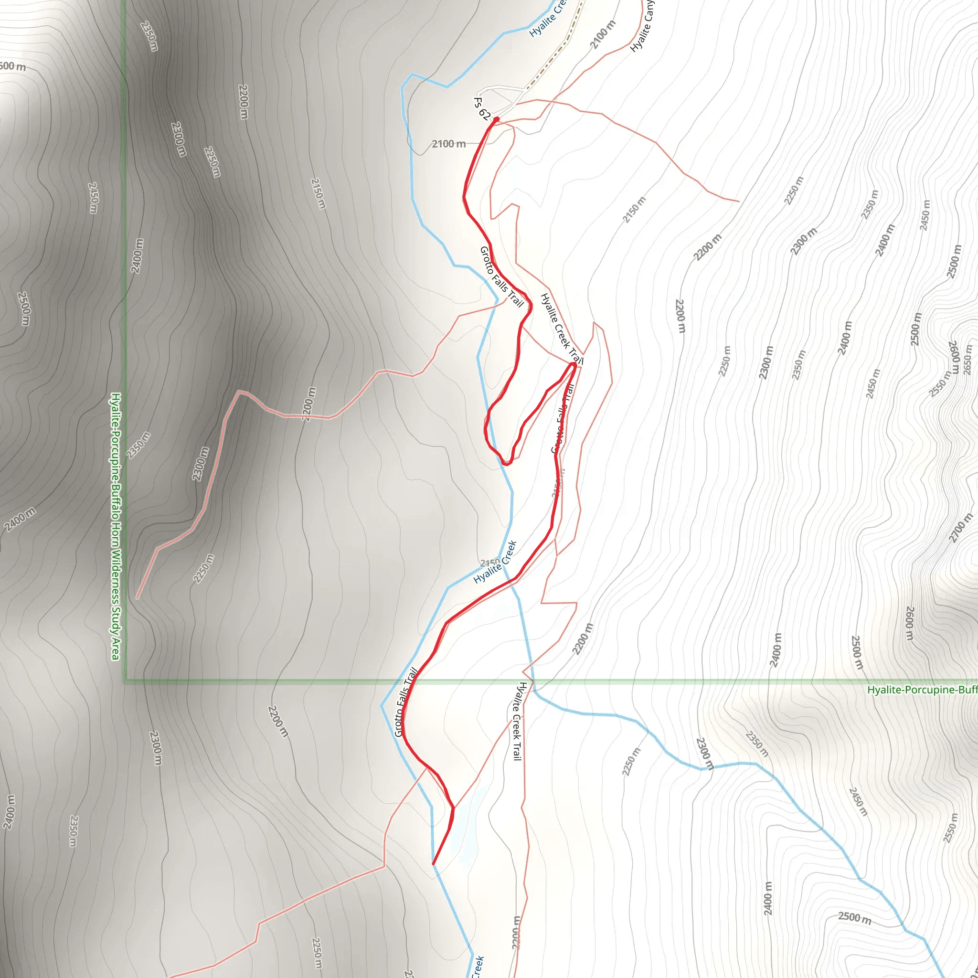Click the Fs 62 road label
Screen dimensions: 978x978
pos(481,109)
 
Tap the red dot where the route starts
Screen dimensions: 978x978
pos(496,119)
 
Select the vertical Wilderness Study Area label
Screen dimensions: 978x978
pos(116,526)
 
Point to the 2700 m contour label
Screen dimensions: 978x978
pos(960,528)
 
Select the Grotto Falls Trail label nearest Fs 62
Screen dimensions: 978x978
pos(501,276)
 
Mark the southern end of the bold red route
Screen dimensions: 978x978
pos(433,863)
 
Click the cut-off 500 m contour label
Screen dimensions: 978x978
pos(13,66)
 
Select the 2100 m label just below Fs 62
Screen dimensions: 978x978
pos(448,144)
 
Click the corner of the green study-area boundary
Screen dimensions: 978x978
pos(125,681)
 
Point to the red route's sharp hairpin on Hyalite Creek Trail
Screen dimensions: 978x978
pos(574,364)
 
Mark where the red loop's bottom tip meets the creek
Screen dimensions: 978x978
pos(506,463)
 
